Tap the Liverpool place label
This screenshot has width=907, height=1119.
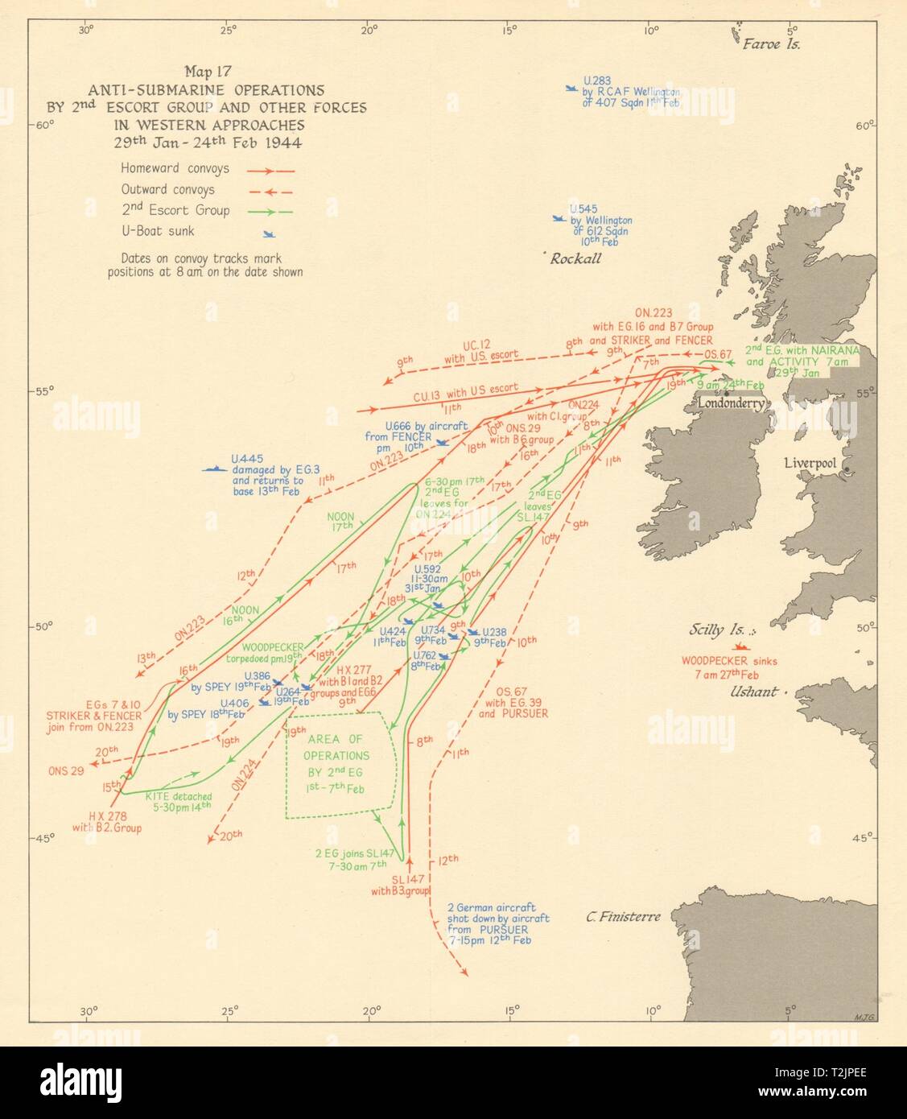810,464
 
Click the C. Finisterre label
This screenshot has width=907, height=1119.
623,916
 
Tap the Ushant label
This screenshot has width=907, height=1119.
754,692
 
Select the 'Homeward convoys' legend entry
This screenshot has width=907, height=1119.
175,169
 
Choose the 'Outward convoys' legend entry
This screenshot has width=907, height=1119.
167,190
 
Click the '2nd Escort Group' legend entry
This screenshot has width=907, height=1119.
175,211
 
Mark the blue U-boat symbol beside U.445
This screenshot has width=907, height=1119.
214,469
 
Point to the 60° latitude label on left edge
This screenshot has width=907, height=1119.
42,125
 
